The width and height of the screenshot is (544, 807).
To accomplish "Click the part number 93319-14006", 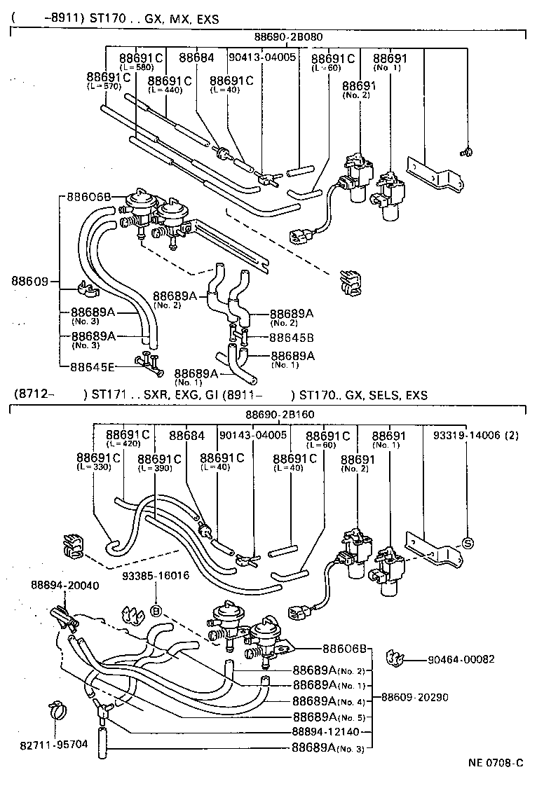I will (x=475, y=435).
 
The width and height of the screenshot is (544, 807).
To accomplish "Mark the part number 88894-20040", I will (x=64, y=584).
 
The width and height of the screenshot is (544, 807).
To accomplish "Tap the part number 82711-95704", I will (x=54, y=744).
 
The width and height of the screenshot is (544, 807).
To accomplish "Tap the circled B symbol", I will (x=156, y=611).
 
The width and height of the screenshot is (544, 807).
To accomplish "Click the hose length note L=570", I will (x=104, y=87).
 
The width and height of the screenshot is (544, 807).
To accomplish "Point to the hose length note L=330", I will (x=93, y=467).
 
